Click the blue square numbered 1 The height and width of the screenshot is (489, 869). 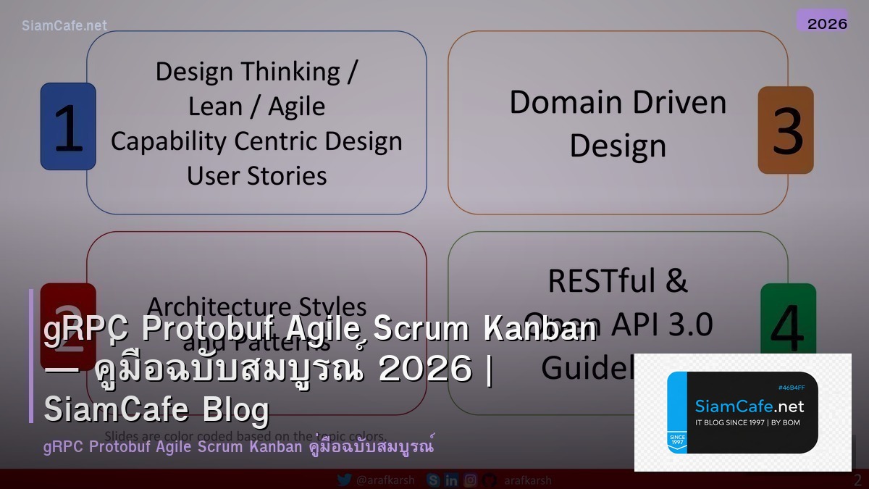tap(68, 127)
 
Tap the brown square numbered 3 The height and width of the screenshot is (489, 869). tap(786, 130)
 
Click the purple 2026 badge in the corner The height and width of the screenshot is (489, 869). tap(827, 23)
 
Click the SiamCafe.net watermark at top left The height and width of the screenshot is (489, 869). tap(64, 25)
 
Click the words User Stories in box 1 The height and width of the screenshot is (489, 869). tap(256, 175)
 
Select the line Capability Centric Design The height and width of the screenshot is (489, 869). tap(256, 141)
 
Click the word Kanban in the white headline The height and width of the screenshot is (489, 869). tap(539, 330)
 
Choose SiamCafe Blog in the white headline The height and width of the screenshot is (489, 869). tap(156, 409)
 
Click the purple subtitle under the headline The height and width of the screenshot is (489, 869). tap(239, 446)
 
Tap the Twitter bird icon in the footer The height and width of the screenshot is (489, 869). tap(345, 480)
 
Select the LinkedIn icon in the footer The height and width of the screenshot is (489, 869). tap(452, 480)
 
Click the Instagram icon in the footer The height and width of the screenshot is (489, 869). tap(471, 480)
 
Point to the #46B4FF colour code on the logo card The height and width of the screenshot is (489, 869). tap(792, 388)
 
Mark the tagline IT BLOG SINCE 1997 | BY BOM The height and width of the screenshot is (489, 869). tap(747, 422)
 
